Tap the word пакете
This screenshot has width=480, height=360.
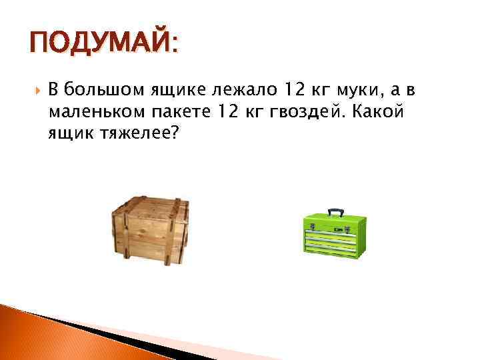(x=178, y=111)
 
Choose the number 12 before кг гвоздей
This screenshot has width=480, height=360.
(x=228, y=111)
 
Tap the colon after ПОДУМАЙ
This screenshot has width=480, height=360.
(x=175, y=47)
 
